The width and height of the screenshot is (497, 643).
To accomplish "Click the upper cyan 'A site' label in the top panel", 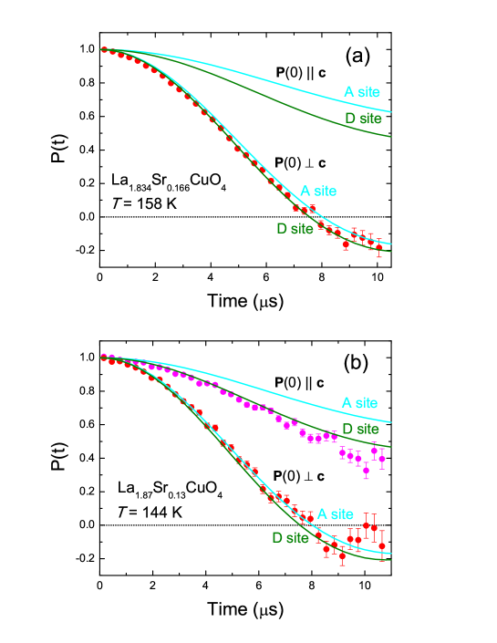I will tap(361, 91).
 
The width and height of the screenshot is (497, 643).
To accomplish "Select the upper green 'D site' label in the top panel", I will tap(363, 119).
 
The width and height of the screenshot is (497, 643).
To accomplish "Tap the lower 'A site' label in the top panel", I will tap(317, 192).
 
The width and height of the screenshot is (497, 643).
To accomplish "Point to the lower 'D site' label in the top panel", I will tap(295, 228).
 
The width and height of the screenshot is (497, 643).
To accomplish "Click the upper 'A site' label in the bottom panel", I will tap(359, 403).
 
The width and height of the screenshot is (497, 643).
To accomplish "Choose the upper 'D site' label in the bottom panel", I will tap(360, 429).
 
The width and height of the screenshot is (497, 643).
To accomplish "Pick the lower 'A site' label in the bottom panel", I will tap(335, 514).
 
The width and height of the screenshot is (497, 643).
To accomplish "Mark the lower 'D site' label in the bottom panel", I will tap(290, 538).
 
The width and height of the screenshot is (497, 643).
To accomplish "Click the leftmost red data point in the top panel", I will tap(104, 49).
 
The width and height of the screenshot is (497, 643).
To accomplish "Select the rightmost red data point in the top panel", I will tap(379, 247).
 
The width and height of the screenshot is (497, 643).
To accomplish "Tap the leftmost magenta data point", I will tap(103, 357).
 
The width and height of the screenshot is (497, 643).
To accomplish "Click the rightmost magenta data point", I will tap(382, 459).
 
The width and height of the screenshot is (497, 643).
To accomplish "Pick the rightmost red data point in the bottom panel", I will tap(382, 544).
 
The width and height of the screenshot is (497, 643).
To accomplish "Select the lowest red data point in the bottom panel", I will tap(342, 555).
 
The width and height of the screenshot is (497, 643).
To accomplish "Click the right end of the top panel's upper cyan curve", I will tap(391, 112).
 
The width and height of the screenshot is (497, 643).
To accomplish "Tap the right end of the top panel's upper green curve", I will tap(391, 137).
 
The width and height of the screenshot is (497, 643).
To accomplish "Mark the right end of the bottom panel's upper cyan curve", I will tap(391, 422).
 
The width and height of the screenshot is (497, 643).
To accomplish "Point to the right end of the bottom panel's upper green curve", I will tap(391, 447).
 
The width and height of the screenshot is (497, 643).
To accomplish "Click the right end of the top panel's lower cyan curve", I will tap(391, 244).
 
